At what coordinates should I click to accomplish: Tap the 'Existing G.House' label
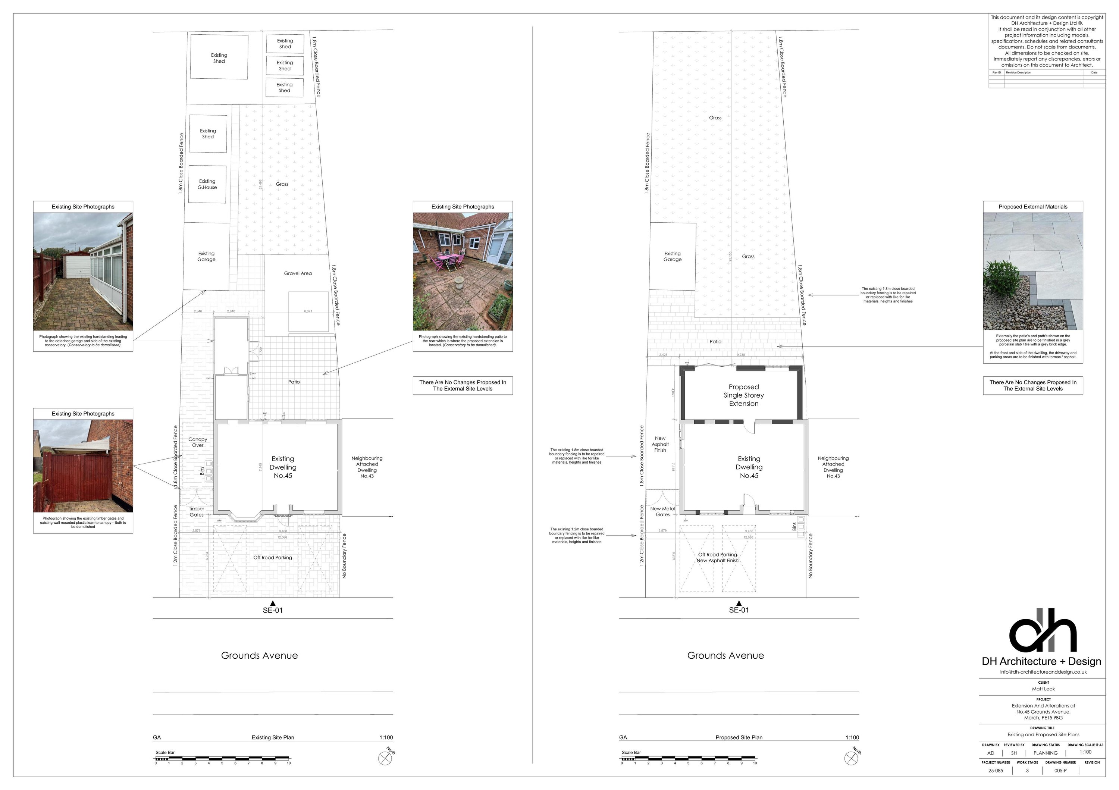tap(207, 184)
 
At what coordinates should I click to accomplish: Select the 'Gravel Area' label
tap(298, 273)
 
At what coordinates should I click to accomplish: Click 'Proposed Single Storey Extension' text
tap(744, 395)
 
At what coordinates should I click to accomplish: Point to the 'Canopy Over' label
tap(198, 442)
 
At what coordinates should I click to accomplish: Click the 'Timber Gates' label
tap(197, 512)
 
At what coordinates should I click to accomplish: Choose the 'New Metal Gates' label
tap(663, 512)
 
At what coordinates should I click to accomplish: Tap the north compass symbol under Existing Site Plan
tap(385, 759)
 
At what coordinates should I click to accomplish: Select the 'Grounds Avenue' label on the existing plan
tap(259, 655)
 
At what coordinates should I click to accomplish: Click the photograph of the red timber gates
tap(83, 466)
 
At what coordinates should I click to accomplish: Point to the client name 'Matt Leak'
tap(1043, 689)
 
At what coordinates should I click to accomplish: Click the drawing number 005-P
tap(1060, 771)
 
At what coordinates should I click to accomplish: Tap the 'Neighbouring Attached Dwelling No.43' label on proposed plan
tap(833, 467)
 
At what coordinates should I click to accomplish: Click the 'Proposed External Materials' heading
tap(1033, 207)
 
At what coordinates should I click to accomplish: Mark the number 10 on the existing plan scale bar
tap(289, 763)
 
